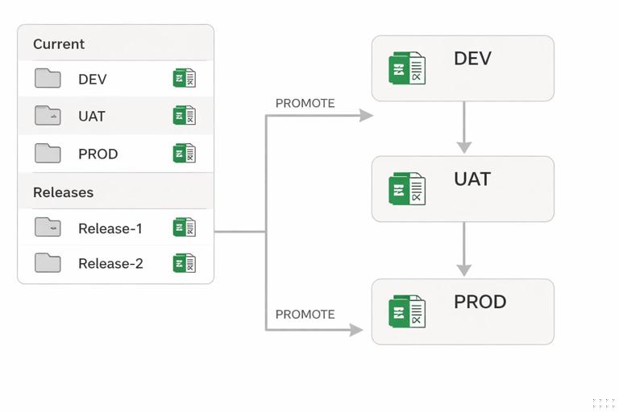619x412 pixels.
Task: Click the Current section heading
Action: (x=59, y=44)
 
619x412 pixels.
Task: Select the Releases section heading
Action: (x=63, y=192)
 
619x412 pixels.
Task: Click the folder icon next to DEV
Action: (x=48, y=78)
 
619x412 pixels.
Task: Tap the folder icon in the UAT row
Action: (x=48, y=115)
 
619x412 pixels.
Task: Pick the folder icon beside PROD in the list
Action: (x=48, y=153)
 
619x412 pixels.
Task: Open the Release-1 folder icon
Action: (x=48, y=227)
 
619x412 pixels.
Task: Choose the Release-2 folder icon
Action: (x=48, y=262)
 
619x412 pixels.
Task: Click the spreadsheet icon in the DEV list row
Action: (x=184, y=78)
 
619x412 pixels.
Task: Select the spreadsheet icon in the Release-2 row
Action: (x=184, y=263)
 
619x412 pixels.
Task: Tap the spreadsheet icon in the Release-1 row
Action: (x=184, y=228)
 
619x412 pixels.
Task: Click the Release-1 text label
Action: (x=110, y=229)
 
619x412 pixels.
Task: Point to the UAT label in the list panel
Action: (x=92, y=116)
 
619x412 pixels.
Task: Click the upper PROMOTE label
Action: (x=305, y=103)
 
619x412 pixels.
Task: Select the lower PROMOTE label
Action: (x=305, y=314)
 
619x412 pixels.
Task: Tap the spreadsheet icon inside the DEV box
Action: (x=407, y=68)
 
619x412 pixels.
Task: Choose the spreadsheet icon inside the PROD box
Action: (x=407, y=312)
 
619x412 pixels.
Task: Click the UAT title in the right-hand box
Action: (x=472, y=179)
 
